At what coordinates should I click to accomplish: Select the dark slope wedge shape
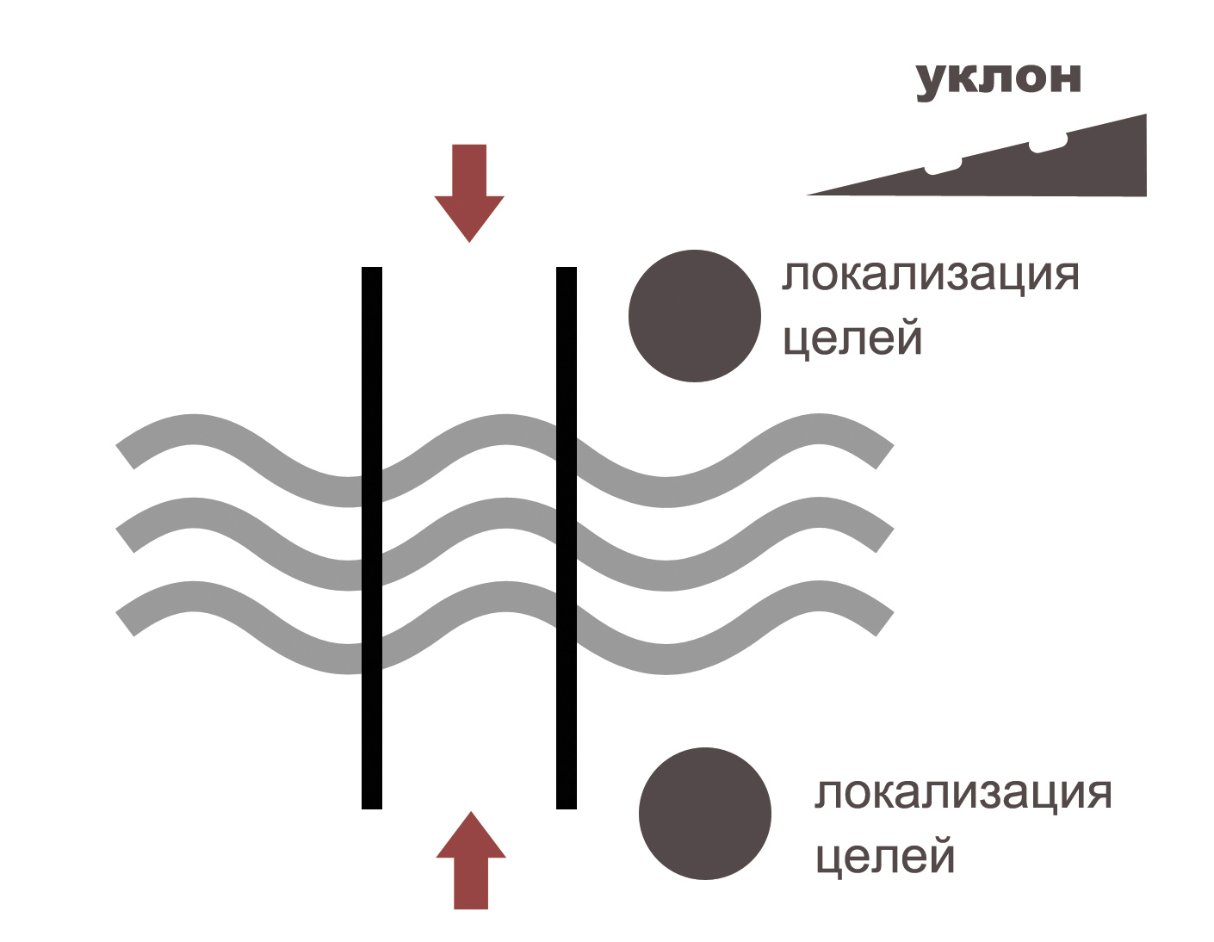(x=1059, y=169)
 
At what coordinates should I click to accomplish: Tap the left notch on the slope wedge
(x=944, y=167)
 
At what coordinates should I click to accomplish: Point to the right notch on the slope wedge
(x=1049, y=145)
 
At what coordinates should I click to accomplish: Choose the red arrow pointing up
(x=471, y=860)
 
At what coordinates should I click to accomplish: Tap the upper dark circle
(x=695, y=316)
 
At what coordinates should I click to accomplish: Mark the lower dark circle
(x=705, y=814)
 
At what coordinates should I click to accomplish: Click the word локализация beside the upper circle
(x=930, y=276)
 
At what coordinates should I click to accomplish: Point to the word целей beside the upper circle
(x=852, y=338)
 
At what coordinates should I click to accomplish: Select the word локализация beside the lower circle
(x=963, y=793)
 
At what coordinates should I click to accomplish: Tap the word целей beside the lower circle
(x=885, y=857)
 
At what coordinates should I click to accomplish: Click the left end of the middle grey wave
(x=126, y=540)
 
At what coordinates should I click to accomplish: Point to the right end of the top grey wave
(x=885, y=456)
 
